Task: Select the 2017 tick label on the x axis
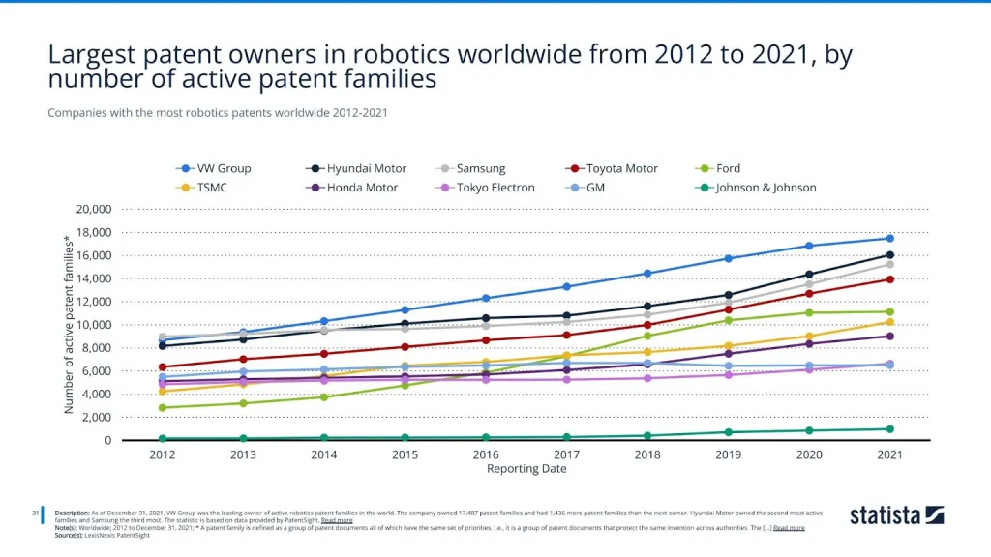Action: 567,454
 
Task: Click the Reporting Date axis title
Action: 526,469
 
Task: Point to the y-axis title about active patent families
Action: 69,324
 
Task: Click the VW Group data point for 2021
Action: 889,238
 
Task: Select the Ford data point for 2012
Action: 163,407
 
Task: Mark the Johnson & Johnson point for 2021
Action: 889,429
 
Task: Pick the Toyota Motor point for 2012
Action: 163,366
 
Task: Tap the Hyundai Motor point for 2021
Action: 889,255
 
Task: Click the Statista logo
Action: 896,514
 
